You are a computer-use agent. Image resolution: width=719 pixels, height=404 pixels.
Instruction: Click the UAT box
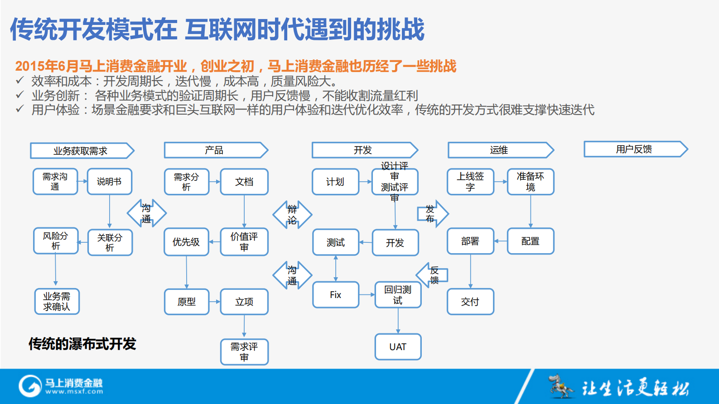398,347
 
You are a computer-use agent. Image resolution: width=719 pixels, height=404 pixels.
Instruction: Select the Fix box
335,295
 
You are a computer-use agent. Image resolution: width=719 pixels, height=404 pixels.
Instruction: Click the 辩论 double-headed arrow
292,215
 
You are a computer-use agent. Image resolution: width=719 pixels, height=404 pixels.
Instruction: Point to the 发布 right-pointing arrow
432,213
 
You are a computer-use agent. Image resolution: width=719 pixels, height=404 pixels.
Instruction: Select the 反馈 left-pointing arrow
432,275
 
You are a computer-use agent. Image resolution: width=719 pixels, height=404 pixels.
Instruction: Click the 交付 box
470,302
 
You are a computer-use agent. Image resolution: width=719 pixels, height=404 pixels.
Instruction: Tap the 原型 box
186,302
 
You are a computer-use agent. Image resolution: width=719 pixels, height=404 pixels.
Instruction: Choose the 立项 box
244,302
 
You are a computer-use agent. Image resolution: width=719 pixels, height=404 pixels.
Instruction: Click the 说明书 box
109,182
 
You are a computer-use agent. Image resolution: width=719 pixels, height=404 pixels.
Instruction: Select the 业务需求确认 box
57,302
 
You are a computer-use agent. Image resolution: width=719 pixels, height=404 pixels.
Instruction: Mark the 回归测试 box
398,295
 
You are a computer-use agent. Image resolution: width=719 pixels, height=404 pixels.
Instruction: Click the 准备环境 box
530,182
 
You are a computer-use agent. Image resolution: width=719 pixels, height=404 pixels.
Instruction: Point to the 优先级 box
186,242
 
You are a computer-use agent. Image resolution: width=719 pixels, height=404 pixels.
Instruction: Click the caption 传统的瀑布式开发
82,344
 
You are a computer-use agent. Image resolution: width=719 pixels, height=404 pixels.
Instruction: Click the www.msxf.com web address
74,392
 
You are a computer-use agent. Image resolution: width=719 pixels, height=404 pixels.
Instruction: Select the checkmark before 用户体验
19,109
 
